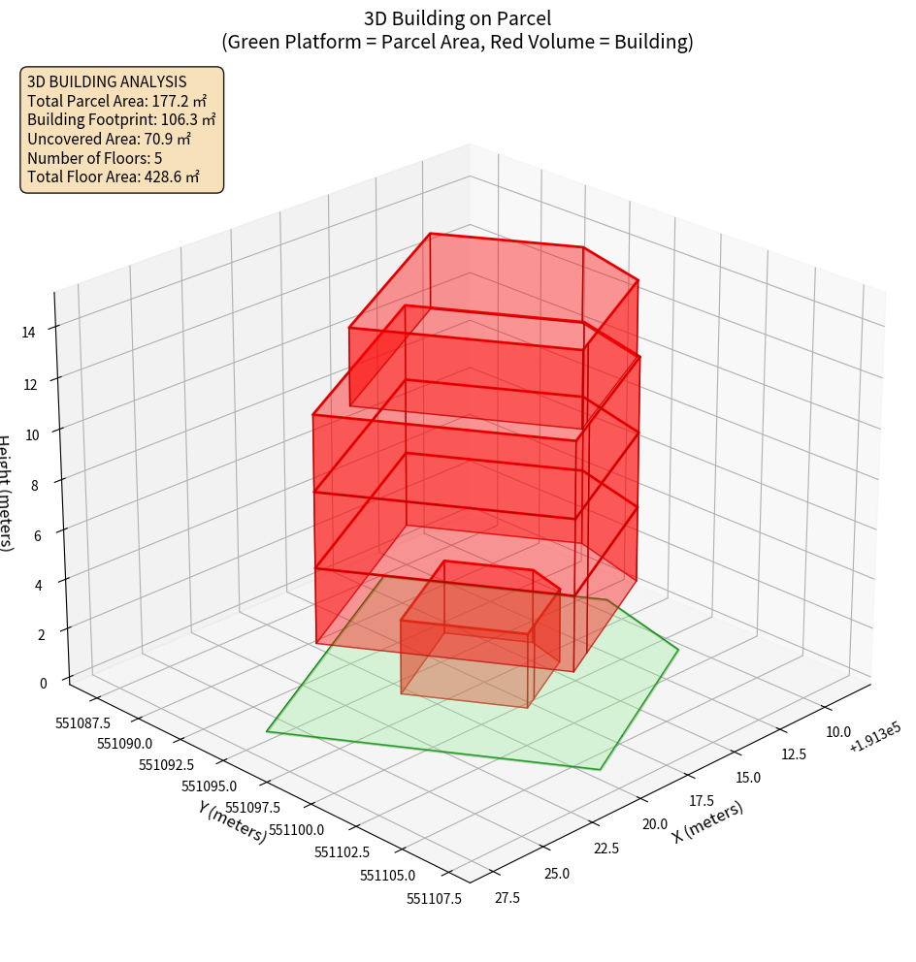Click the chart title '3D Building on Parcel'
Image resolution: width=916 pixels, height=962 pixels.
(x=458, y=18)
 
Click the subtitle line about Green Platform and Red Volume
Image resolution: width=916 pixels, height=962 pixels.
(x=458, y=42)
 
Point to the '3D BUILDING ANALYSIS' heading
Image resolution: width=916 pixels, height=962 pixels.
(x=107, y=81)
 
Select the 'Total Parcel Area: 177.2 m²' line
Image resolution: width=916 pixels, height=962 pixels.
(x=116, y=101)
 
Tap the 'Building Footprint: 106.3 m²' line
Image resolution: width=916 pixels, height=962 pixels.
(x=121, y=120)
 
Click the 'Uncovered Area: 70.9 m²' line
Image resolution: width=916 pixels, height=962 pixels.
(x=109, y=139)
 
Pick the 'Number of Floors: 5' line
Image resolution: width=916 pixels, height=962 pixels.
(x=94, y=158)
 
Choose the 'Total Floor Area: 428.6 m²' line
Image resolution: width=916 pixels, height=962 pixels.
(x=114, y=176)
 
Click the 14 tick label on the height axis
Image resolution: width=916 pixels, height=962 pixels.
(x=28, y=332)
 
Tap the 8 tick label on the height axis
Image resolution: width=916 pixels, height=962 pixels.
(x=34, y=485)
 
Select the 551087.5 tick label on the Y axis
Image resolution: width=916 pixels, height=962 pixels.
(x=82, y=722)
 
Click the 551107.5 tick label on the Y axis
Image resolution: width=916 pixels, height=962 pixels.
(x=434, y=898)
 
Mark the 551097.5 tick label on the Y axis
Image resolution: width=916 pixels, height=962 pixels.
(x=252, y=808)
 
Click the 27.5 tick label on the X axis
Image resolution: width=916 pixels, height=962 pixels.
(x=507, y=898)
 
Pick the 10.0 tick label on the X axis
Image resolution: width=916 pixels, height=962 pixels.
(x=836, y=732)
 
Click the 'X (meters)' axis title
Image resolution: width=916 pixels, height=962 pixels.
(x=707, y=821)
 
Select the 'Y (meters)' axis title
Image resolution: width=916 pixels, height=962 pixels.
(x=232, y=821)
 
